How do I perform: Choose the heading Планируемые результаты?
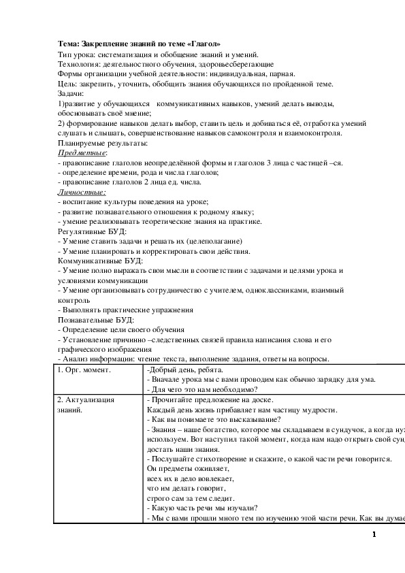coord(103,143)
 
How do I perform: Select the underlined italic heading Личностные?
coord(81,193)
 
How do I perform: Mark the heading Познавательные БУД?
coord(95,319)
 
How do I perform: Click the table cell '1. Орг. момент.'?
coord(84,370)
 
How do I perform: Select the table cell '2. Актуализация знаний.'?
coord(86,405)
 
